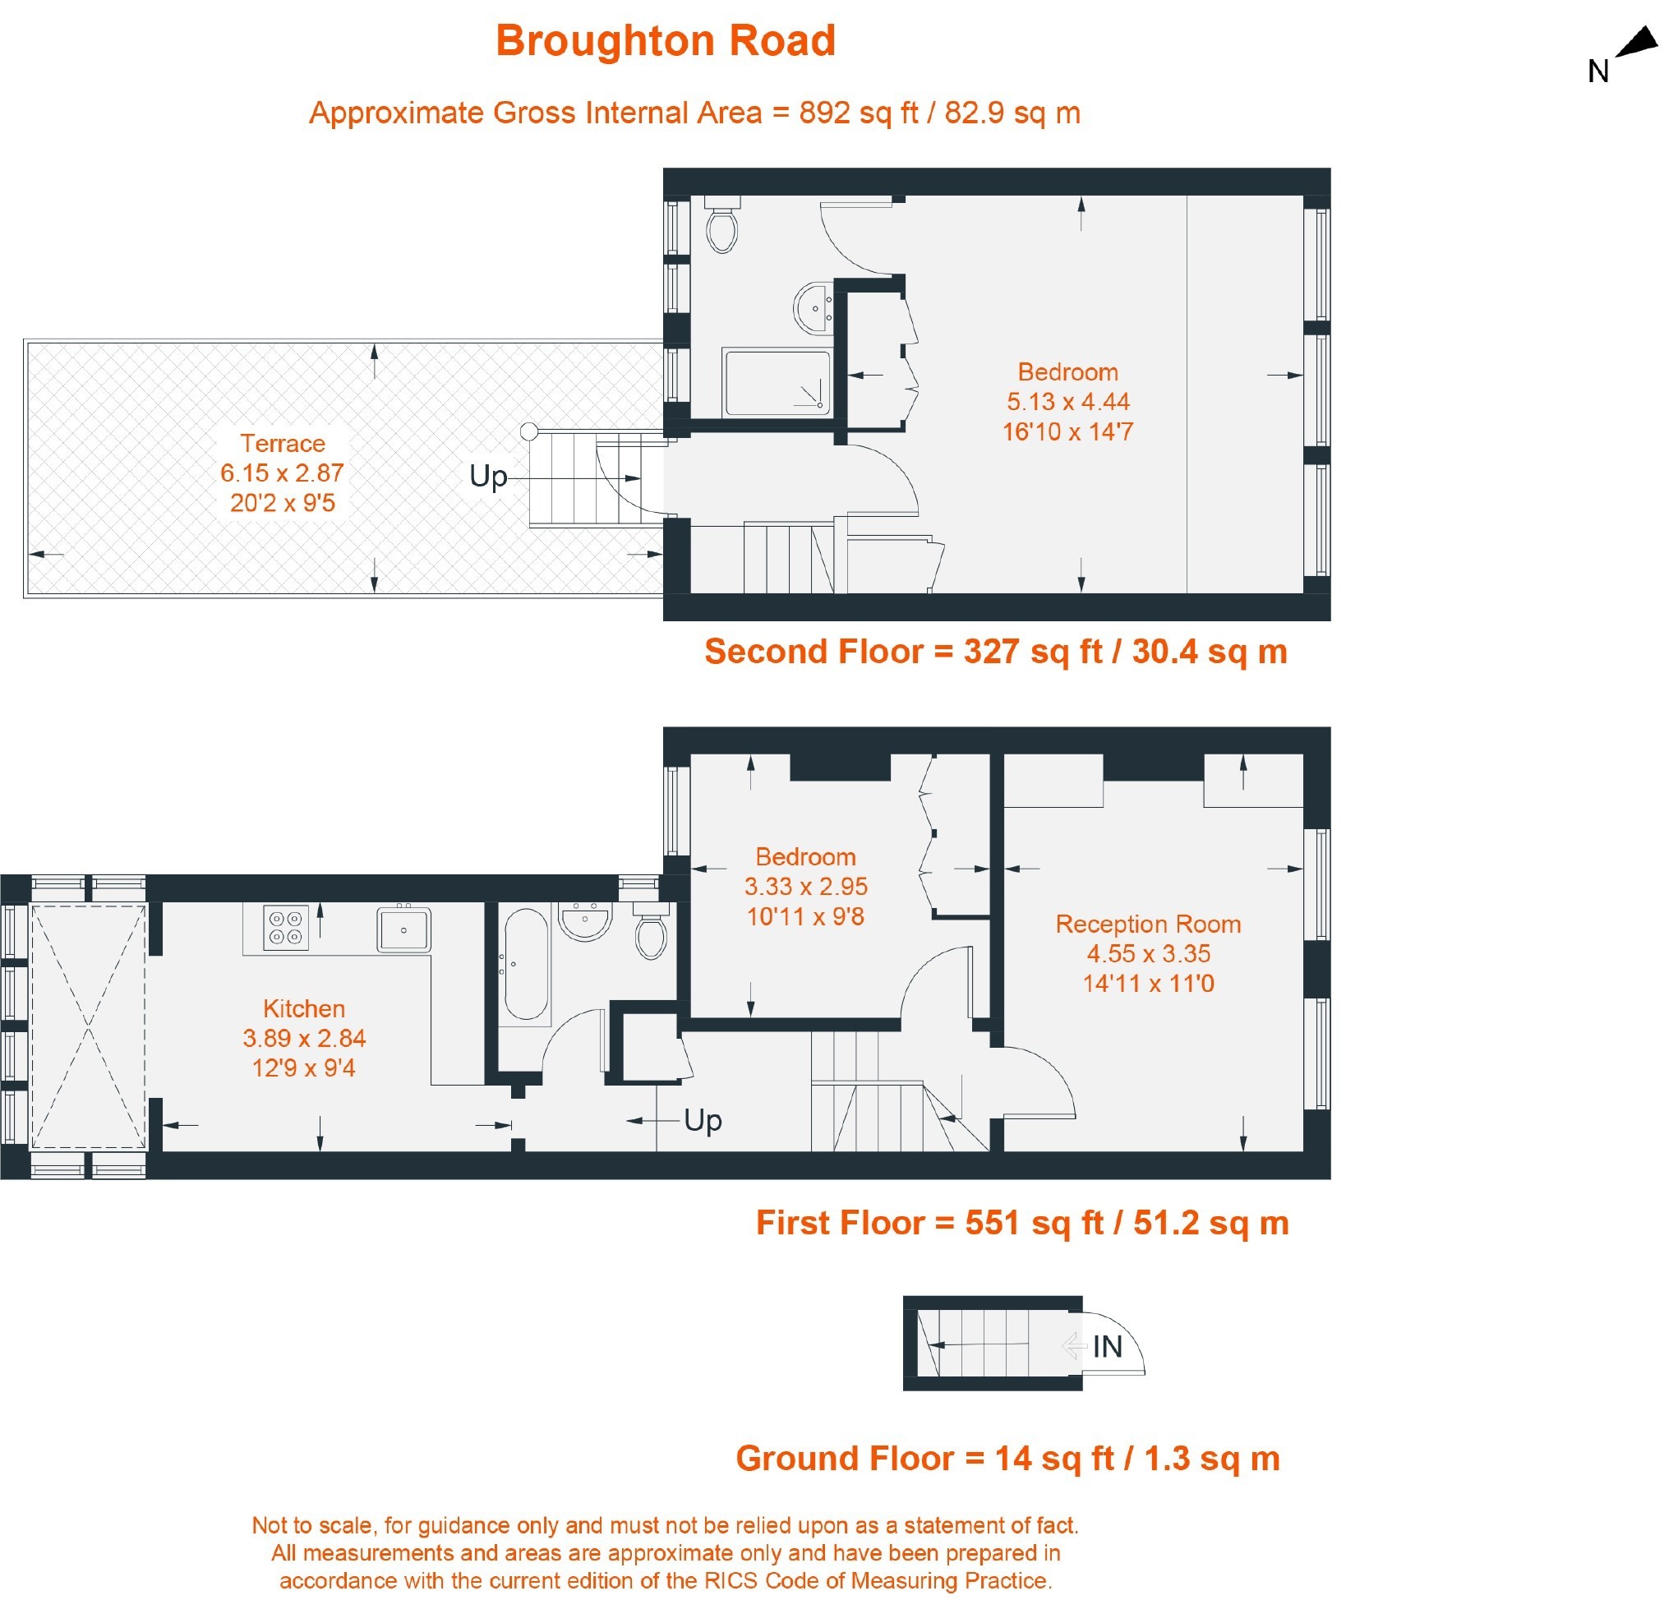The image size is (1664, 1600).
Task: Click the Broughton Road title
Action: tap(666, 41)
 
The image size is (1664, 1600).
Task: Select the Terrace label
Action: tap(283, 443)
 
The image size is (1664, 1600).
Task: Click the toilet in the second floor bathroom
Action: tap(722, 225)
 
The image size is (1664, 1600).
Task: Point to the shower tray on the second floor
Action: tap(777, 383)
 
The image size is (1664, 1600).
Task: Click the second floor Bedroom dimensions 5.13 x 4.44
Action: tap(1068, 402)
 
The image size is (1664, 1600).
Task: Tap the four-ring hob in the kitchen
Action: tap(285, 927)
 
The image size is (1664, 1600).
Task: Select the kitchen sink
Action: tap(404, 929)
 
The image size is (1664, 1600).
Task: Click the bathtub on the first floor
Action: tap(527, 964)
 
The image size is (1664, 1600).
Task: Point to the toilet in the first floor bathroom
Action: tap(651, 931)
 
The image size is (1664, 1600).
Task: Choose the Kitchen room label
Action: tap(304, 1008)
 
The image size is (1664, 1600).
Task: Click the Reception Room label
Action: tap(1148, 924)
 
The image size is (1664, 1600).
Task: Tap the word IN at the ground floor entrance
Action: tap(1107, 1346)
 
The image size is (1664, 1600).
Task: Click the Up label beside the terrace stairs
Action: tap(488, 476)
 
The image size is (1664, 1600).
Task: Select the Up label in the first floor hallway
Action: tap(703, 1120)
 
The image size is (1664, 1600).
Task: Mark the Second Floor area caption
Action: tap(996, 651)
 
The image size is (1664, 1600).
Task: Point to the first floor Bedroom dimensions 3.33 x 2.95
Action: tap(805, 886)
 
